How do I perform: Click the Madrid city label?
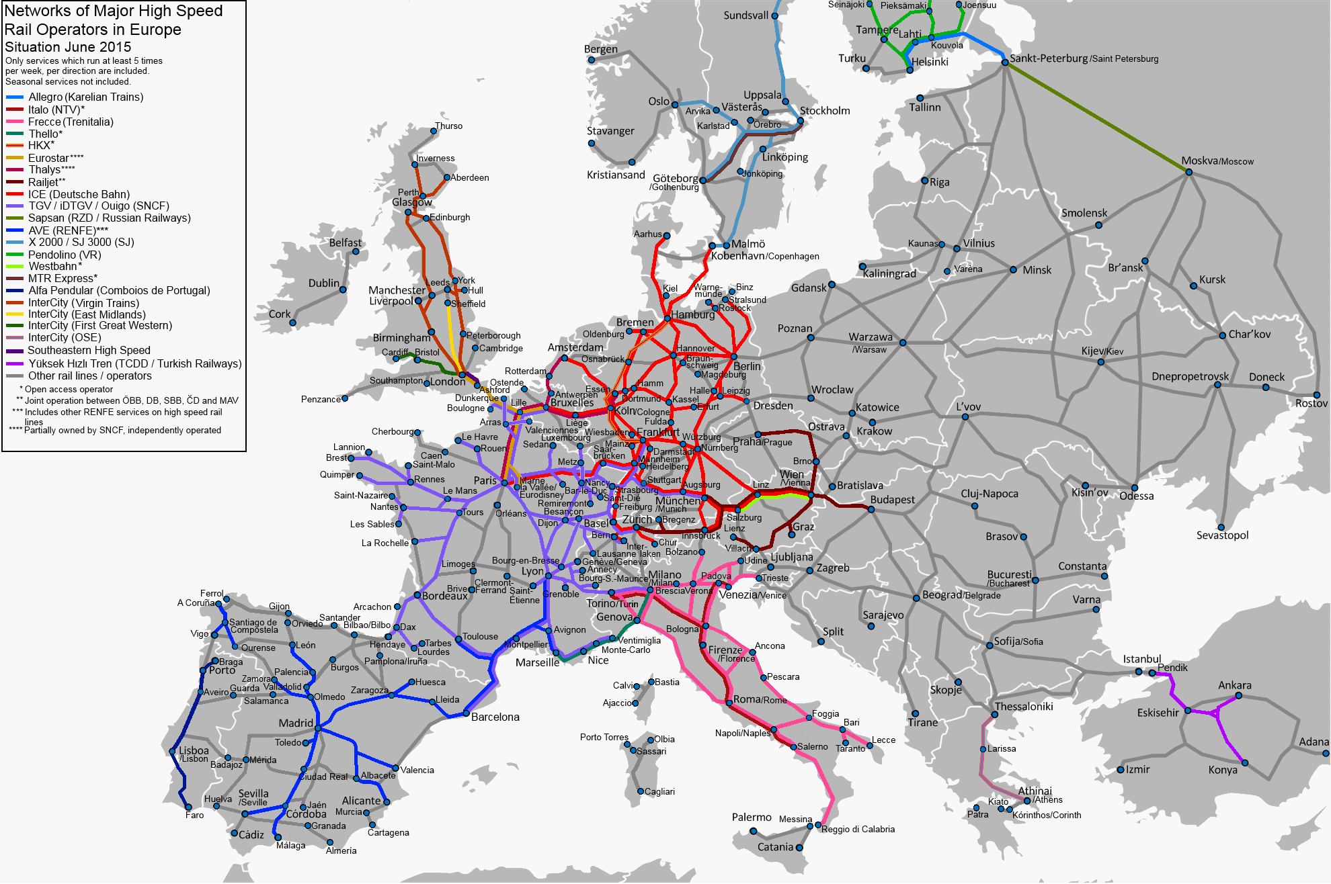(x=296, y=723)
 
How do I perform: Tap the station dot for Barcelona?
(x=466, y=713)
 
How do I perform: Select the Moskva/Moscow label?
(x=1217, y=161)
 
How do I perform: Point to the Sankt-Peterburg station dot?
(x=1005, y=62)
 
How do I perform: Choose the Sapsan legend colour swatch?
(x=15, y=218)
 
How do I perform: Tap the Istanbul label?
(x=1141, y=659)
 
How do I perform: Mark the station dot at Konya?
(x=1245, y=762)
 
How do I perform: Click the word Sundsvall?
(x=745, y=15)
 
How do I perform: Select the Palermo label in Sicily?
(x=751, y=817)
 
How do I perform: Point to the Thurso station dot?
(x=434, y=131)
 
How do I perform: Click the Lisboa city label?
(x=194, y=751)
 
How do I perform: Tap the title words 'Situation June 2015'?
(x=68, y=47)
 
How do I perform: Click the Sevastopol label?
(x=1222, y=535)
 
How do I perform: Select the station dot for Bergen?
(x=592, y=60)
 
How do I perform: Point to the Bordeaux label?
(x=444, y=596)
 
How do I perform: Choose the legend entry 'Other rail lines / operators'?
(x=89, y=376)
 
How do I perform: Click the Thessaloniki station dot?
(x=995, y=714)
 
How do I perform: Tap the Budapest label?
(x=892, y=500)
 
